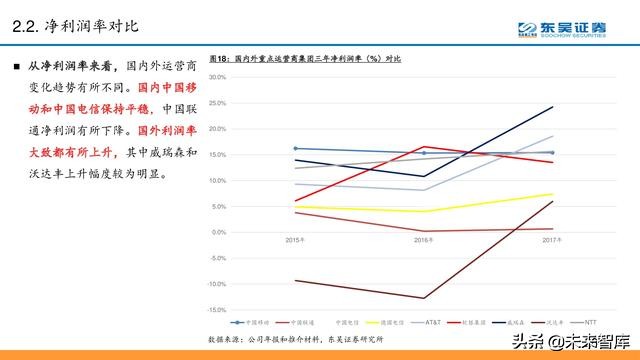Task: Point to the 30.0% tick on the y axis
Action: click(217, 77)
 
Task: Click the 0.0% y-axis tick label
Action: click(218, 232)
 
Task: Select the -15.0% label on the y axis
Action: click(217, 309)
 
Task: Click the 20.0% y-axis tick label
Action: click(217, 129)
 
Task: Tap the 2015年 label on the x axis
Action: click(295, 240)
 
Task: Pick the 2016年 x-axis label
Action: click(424, 240)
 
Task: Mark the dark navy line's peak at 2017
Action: click(553, 107)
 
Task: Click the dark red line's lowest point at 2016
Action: click(424, 298)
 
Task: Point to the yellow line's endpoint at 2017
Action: click(553, 194)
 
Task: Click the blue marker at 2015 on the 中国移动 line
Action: click(295, 148)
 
